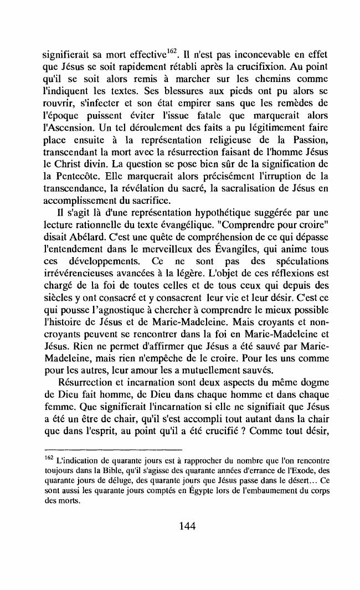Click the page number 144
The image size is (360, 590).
click(x=179, y=526)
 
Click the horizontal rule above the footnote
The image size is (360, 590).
click(x=113, y=450)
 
